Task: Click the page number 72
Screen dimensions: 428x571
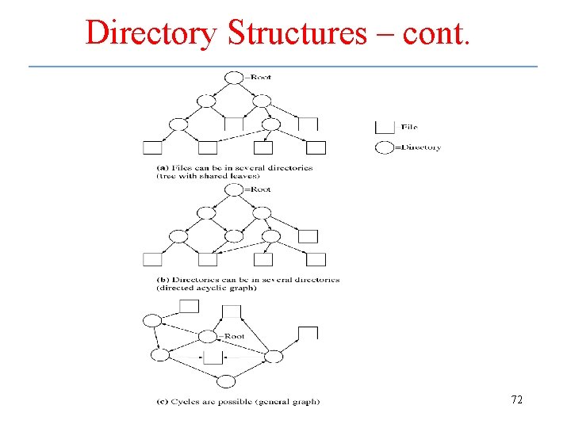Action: pos(516,400)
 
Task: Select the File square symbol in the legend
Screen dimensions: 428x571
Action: pos(385,126)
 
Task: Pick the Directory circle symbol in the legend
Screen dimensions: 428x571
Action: pos(384,147)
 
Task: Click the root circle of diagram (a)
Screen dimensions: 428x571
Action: pos(235,77)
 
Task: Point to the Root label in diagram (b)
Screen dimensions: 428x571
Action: pos(260,189)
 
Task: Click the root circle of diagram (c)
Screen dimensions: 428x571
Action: pos(209,336)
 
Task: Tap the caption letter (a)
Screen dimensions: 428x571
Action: pos(163,167)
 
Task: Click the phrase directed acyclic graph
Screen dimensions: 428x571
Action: pos(208,288)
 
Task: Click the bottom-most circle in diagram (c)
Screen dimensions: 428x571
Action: pos(227,381)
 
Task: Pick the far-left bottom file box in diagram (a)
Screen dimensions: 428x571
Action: pos(152,147)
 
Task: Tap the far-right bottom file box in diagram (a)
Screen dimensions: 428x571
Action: pos(316,147)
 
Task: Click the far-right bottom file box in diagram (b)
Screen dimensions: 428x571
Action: pos(316,259)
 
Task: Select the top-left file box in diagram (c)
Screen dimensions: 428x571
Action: pos(189,307)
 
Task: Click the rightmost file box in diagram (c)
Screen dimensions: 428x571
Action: pos(308,333)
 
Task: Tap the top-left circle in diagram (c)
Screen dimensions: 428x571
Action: pos(151,320)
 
